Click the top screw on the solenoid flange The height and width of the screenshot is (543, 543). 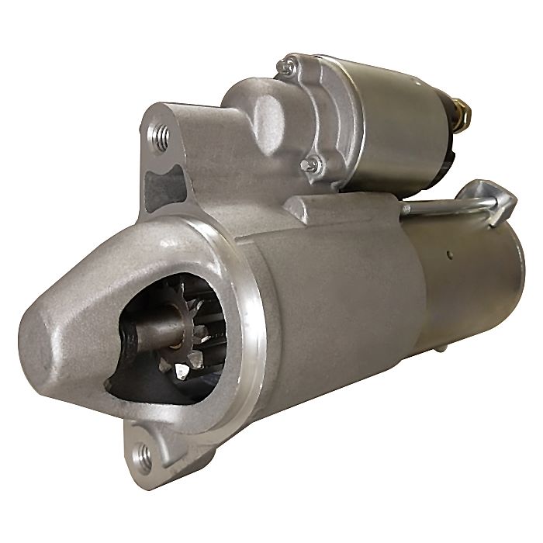287,67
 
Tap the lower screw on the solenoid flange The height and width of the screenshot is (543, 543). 312,164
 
